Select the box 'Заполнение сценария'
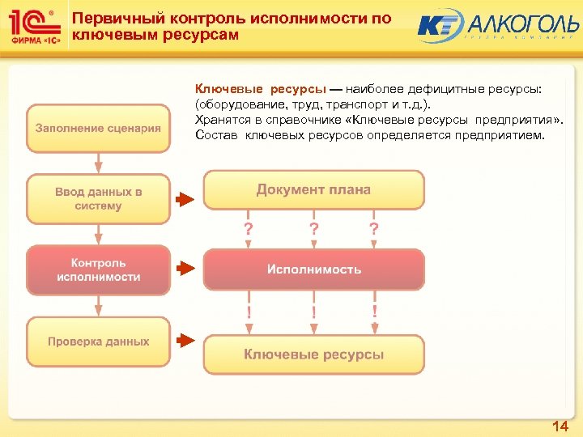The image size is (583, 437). click(x=98, y=128)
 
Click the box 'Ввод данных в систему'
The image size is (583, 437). click(x=98, y=199)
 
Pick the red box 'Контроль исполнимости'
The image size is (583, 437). click(x=98, y=270)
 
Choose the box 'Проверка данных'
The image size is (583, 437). click(x=98, y=342)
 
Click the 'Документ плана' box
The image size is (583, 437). click(x=313, y=190)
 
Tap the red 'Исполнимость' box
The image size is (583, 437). click(x=313, y=269)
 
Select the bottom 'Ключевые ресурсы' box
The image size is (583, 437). click(x=313, y=354)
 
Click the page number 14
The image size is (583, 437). click(x=560, y=426)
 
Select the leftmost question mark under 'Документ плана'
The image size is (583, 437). click(x=249, y=229)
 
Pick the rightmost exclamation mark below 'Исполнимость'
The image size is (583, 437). click(x=374, y=311)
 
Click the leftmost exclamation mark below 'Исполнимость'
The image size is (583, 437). click(x=249, y=311)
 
